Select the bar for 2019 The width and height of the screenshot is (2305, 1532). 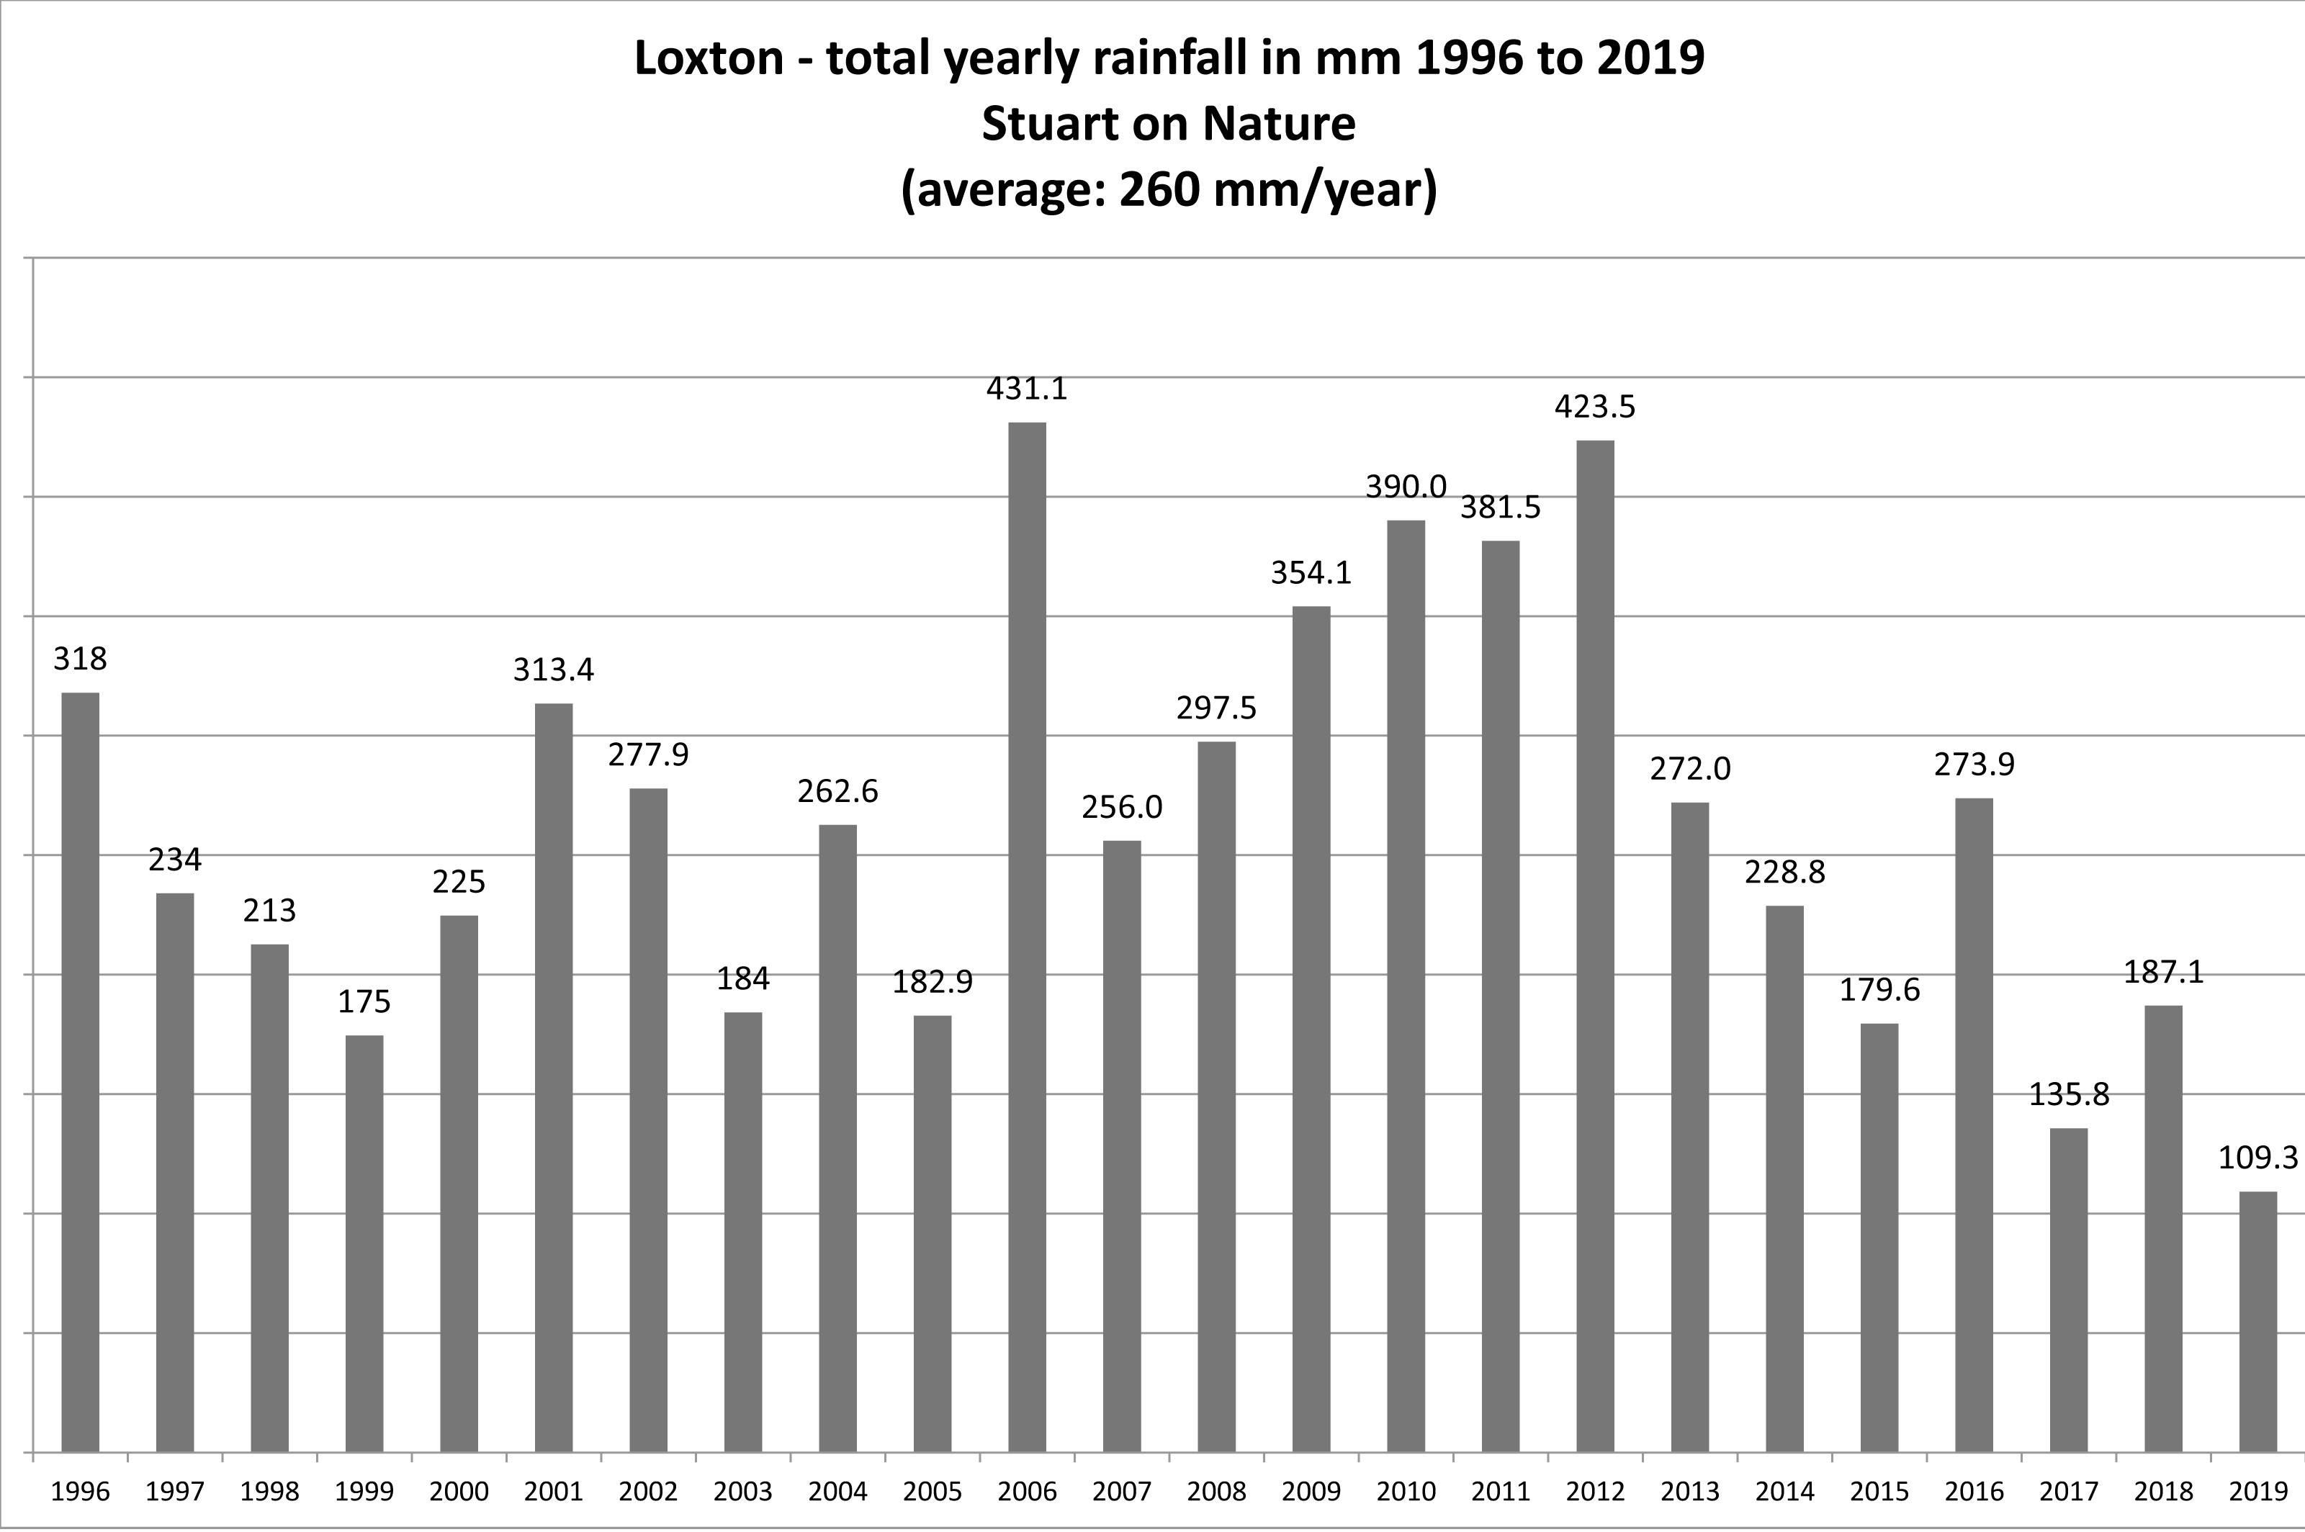(2258, 1321)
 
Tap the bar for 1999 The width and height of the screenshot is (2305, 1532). (364, 1243)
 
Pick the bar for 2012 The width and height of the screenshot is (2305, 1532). (1596, 946)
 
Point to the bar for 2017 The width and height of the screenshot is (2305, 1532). (2069, 1289)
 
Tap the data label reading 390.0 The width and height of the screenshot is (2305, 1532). (1406, 487)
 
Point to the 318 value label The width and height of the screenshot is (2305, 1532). (80, 659)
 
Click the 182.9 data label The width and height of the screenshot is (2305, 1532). (933, 982)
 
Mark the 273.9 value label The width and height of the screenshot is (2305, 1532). (1974, 764)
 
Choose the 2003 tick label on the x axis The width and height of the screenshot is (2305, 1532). (742, 1492)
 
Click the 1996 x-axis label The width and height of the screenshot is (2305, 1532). (80, 1492)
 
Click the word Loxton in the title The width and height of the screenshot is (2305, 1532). (709, 58)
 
